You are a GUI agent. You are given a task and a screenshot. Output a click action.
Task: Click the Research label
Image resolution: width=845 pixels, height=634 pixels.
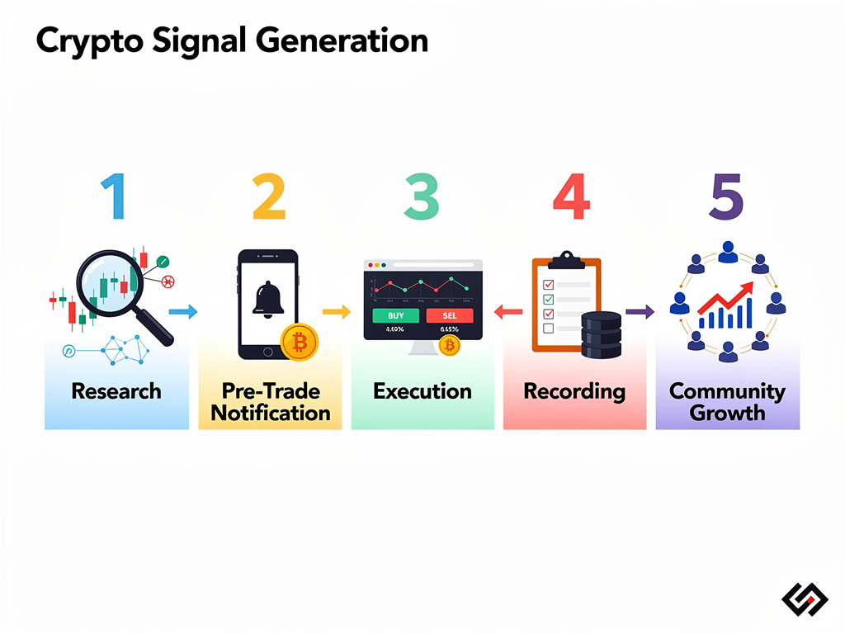116,390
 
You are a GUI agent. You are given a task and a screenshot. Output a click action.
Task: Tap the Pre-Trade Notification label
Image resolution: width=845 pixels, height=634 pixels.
270,401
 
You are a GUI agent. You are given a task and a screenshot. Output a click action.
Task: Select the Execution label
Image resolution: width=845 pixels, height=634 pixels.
422,390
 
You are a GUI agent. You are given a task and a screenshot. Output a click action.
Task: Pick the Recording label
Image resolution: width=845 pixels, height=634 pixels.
574,390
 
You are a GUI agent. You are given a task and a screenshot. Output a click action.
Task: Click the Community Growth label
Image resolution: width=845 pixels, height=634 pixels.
727,401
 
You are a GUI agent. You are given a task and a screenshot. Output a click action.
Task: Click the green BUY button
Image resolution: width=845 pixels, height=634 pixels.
395,315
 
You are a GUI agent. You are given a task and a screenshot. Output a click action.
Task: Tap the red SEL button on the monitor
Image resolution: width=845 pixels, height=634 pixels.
450,315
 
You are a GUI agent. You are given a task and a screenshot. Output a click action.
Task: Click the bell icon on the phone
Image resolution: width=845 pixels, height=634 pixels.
268,298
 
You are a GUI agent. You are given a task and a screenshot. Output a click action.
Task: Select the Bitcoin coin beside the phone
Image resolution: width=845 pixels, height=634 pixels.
299,342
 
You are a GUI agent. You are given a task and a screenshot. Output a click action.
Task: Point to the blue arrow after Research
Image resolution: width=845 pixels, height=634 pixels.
183,311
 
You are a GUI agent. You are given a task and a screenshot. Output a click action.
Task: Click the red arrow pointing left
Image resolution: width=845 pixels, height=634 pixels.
507,312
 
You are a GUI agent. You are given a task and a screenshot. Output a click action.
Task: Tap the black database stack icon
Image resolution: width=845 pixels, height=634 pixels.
601,334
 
